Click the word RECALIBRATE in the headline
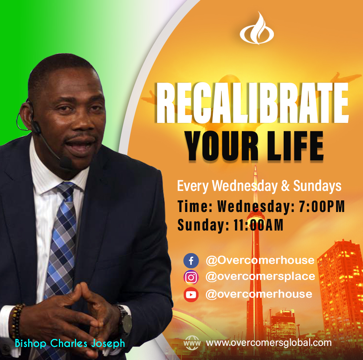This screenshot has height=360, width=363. pos(252,103)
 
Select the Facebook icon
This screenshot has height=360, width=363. pos(191,261)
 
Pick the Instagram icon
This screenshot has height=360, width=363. pos(191,277)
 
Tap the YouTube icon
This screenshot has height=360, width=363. pos(191,295)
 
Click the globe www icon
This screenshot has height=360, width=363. pos(192,343)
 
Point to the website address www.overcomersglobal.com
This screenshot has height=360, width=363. pos(269,343)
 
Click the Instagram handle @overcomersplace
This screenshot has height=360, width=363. pos(260,277)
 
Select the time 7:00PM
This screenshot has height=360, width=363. pos(322,206)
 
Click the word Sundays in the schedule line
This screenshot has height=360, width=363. pos(317,186)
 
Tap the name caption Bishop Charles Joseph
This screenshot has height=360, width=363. pos(70,343)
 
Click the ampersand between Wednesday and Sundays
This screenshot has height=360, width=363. pos(285,186)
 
